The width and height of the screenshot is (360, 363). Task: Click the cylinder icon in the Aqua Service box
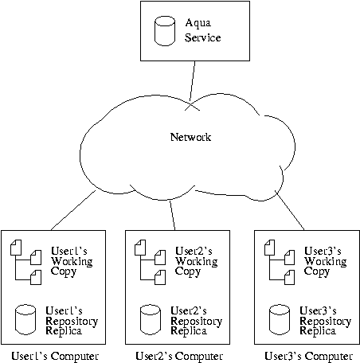click(x=165, y=31)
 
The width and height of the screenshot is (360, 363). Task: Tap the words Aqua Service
click(x=203, y=30)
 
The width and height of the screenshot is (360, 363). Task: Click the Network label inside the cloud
click(x=190, y=137)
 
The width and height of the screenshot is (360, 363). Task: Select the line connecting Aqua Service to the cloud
click(x=192, y=81)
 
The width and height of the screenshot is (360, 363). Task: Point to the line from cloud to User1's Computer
click(x=73, y=210)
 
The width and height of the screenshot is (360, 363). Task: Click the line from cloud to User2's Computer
click(x=173, y=216)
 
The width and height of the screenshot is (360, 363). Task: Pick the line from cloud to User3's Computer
click(x=290, y=210)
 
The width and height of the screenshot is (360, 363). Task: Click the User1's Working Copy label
click(x=72, y=262)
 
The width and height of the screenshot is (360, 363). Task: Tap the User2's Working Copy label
click(x=196, y=262)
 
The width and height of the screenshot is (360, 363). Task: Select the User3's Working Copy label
click(x=325, y=262)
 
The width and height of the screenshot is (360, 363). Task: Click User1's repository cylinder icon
click(x=25, y=319)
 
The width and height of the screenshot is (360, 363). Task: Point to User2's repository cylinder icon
click(x=151, y=319)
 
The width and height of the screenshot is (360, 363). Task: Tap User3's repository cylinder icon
click(x=280, y=319)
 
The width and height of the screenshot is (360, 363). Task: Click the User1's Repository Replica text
click(x=72, y=321)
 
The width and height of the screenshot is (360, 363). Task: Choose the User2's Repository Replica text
click(x=197, y=321)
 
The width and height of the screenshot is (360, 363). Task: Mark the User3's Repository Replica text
click(x=326, y=321)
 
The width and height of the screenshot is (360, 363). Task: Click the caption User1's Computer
click(x=55, y=357)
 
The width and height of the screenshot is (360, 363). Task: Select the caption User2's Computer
click(x=179, y=357)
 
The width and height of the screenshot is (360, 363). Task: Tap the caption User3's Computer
click(x=308, y=357)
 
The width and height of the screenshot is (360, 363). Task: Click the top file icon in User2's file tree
click(x=140, y=248)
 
